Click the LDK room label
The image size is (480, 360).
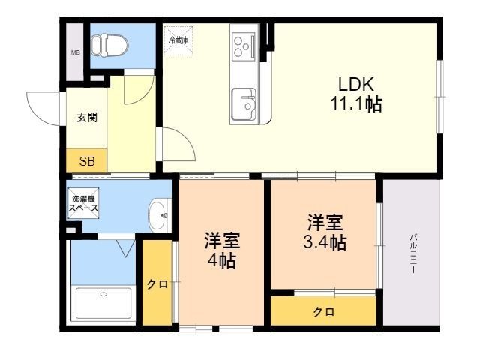356,84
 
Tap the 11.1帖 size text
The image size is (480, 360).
356,104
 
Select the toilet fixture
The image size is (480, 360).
109,45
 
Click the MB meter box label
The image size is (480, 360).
76,52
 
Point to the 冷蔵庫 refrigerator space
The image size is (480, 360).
178,40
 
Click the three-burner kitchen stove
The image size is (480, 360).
244,46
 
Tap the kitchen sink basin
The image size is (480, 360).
244,104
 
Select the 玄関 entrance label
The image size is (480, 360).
87,117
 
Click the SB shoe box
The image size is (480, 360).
87,160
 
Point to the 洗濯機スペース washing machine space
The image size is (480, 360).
83,203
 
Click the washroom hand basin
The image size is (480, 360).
160,215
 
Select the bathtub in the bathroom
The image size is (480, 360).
103,303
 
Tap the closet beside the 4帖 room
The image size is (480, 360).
157,283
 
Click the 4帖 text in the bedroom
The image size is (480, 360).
222,262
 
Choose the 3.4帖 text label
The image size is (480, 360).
325,243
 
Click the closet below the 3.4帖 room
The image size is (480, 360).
323,311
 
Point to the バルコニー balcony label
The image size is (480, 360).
414,253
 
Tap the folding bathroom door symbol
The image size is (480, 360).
126,248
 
